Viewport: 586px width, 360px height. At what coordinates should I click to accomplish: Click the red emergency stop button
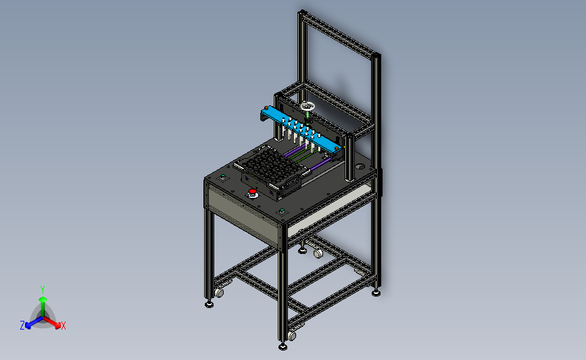[252, 192]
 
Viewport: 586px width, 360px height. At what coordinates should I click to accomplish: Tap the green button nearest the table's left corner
[223, 176]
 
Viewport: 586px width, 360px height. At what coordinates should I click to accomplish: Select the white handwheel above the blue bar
[308, 107]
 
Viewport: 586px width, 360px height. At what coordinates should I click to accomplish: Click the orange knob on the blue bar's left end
[266, 108]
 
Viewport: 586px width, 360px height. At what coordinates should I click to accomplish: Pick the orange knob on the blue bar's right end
[337, 149]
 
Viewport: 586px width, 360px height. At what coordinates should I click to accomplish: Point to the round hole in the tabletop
[359, 167]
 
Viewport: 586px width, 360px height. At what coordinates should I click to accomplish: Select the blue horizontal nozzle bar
[301, 129]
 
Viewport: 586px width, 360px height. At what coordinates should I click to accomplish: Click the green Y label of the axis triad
[43, 290]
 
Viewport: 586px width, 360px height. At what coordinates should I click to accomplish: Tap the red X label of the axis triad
[63, 326]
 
